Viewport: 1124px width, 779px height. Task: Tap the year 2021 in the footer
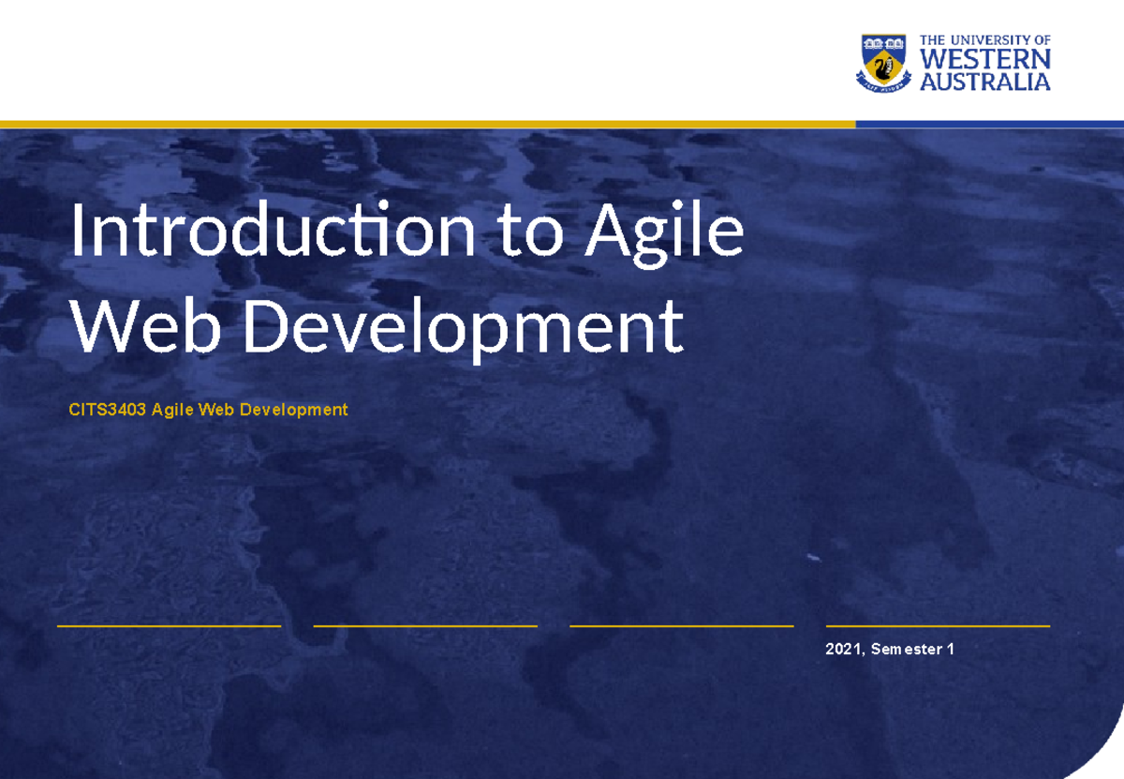click(844, 649)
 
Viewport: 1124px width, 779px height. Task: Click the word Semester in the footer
click(906, 649)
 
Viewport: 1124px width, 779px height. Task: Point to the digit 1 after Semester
click(951, 649)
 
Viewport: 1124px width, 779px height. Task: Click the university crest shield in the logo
click(882, 63)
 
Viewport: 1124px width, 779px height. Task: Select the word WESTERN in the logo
click(985, 59)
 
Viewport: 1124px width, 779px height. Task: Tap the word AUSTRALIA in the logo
click(985, 82)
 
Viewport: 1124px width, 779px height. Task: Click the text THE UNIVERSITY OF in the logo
click(985, 40)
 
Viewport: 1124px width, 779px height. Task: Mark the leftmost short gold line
click(169, 625)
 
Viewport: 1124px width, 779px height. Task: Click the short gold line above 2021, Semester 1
click(938, 625)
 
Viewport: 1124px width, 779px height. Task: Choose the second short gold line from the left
click(425, 625)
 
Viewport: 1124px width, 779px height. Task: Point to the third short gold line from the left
click(681, 625)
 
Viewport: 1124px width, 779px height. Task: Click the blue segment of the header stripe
click(989, 124)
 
